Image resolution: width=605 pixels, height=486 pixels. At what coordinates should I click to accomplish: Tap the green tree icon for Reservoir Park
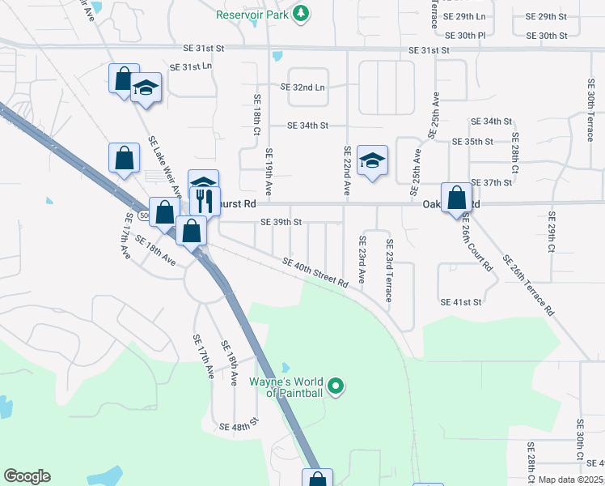[301, 13]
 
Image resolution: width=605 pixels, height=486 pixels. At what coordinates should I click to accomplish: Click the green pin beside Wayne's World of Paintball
[339, 386]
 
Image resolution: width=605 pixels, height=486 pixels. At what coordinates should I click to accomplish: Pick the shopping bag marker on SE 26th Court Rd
[456, 198]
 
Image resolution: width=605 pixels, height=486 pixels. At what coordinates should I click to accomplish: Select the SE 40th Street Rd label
[315, 272]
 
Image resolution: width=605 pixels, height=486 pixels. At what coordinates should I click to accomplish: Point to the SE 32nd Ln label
[302, 87]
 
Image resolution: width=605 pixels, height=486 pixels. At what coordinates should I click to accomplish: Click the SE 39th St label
[281, 222]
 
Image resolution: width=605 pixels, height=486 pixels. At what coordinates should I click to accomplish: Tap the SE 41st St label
[461, 301]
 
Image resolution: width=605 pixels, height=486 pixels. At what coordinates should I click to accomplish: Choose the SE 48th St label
[238, 424]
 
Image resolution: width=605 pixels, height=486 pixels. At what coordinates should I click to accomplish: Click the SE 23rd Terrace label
[389, 271]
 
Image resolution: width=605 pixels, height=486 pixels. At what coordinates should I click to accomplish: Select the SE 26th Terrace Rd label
[528, 284]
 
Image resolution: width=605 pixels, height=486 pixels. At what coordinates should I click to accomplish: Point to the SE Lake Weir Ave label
[165, 166]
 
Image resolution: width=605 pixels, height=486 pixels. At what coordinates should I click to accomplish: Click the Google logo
[27, 476]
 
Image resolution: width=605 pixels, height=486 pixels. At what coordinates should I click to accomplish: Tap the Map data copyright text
[571, 480]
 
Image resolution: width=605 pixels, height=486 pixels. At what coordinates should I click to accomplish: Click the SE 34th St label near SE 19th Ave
[308, 126]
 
